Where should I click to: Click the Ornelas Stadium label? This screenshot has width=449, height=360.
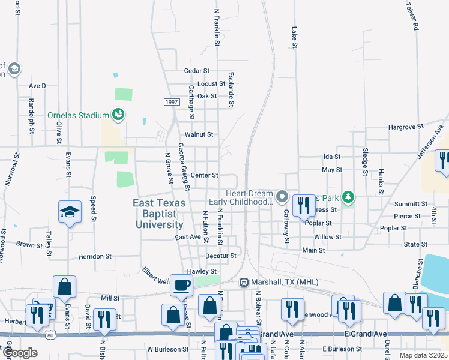click(78, 115)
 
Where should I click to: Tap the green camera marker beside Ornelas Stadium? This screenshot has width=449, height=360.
click(118, 115)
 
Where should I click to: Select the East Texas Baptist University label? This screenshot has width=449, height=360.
click(158, 214)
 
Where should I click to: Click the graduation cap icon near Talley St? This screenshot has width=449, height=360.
click(70, 212)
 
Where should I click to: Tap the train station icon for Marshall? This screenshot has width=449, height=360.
click(244, 282)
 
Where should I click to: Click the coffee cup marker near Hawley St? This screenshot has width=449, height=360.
click(181, 285)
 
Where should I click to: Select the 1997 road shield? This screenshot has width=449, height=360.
click(170, 102)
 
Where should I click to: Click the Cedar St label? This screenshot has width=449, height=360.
click(196, 71)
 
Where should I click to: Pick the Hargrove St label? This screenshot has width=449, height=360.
click(406, 127)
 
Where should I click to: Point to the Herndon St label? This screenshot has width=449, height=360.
click(95, 256)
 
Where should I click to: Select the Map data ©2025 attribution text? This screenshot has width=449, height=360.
click(423, 355)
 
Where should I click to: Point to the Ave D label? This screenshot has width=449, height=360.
click(37, 86)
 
